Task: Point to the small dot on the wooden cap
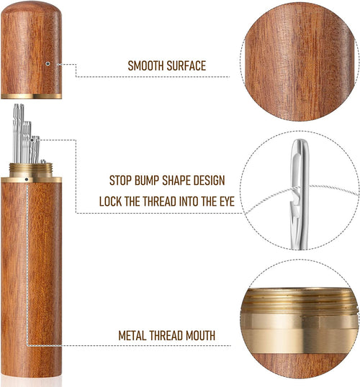[x=48, y=63]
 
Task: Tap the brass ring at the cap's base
[x=31, y=95]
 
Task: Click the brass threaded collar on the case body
[x=31, y=172]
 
